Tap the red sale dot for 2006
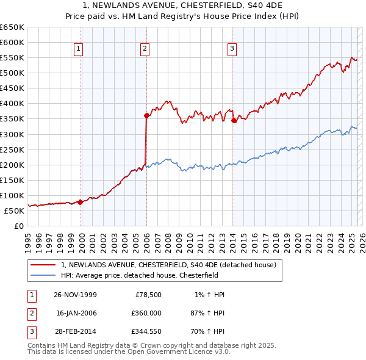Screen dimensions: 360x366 click(x=146, y=115)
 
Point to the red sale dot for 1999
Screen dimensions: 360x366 click(x=81, y=201)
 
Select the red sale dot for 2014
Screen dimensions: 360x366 click(x=234, y=120)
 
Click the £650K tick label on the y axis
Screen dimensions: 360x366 click(x=12, y=27)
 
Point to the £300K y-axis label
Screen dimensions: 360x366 click(x=12, y=134)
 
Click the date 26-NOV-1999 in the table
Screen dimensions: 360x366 click(x=75, y=295)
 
